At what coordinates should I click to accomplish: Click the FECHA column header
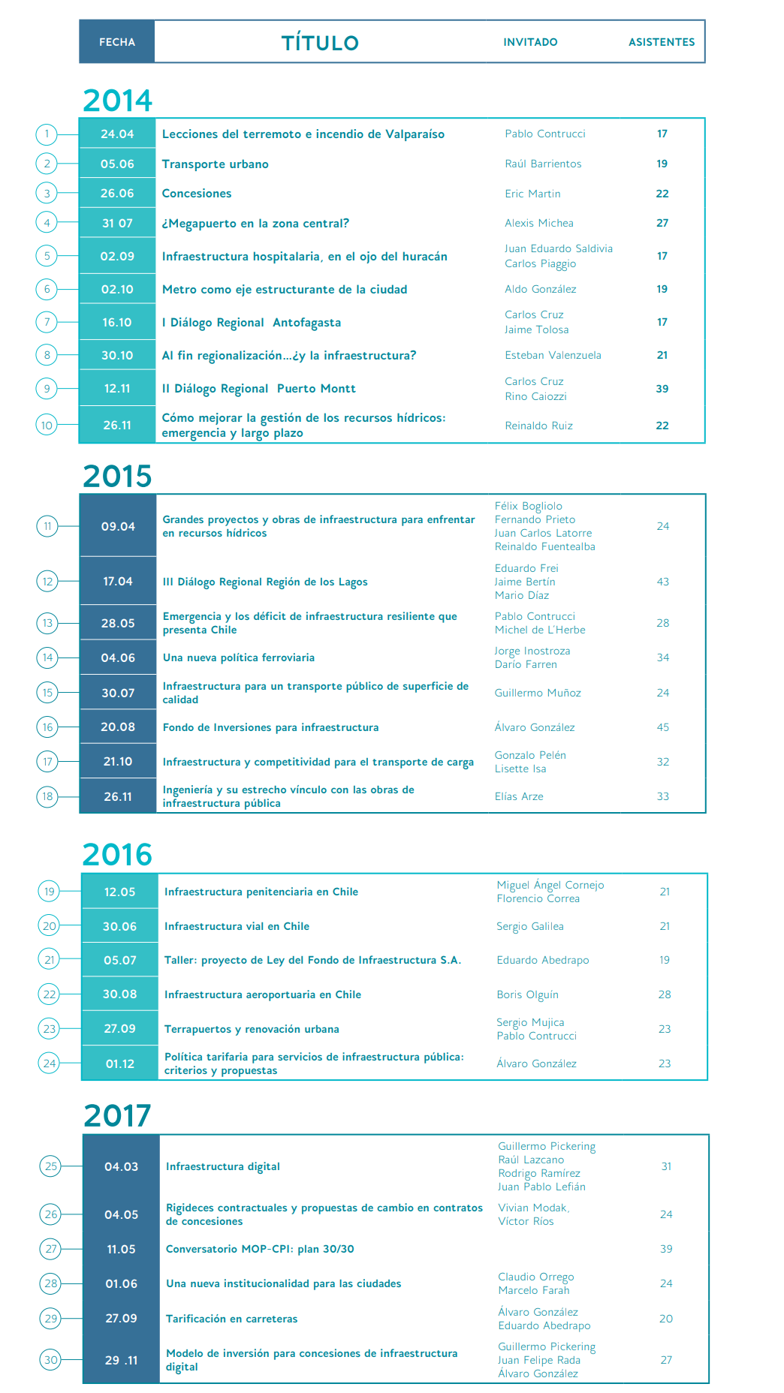click(117, 42)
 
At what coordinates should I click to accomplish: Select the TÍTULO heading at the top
click(320, 43)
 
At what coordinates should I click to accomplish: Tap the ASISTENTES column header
click(661, 42)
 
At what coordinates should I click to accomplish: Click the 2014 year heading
click(117, 100)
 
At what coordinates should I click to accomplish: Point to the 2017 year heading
click(117, 1115)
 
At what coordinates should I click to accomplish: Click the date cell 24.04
click(117, 134)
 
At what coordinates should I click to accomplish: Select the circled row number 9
click(47, 389)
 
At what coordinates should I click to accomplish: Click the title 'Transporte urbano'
click(215, 164)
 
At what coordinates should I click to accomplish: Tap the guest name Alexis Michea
click(538, 223)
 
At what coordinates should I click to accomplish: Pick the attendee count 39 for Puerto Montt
click(662, 389)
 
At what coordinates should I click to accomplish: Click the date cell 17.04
click(118, 581)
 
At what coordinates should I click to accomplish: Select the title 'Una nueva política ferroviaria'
click(238, 657)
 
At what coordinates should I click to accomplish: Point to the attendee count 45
click(662, 727)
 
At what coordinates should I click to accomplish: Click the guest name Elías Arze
click(518, 796)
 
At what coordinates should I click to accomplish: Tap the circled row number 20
click(50, 926)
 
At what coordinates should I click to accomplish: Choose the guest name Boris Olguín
click(527, 994)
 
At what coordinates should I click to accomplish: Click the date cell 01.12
click(120, 1064)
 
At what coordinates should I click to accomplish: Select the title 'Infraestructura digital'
click(222, 1166)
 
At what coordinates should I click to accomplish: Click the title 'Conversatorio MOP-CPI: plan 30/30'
click(260, 1249)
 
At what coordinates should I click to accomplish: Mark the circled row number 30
click(51, 1360)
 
